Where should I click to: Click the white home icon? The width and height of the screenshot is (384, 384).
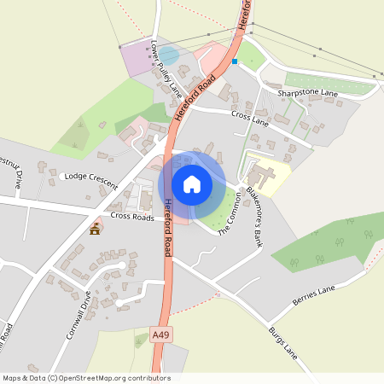click(192, 183)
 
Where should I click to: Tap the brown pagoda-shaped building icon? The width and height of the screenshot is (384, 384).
click(95, 229)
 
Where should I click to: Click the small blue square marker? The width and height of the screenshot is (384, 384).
click(234, 61)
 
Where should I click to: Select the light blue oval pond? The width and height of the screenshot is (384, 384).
click(170, 56)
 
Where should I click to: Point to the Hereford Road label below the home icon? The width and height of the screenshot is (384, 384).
click(168, 213)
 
